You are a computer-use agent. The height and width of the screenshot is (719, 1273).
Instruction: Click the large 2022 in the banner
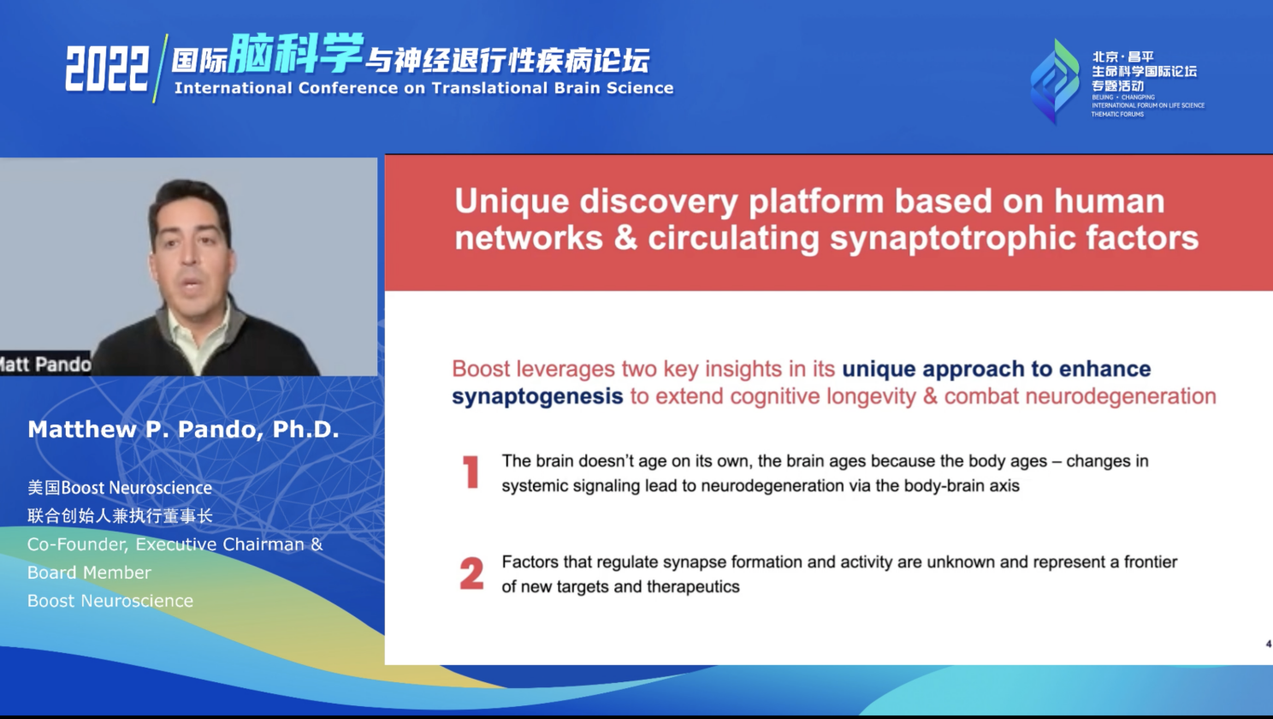[106, 68]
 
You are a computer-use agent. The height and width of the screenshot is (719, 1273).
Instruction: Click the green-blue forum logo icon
[1055, 81]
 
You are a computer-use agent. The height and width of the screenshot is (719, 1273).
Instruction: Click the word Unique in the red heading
[512, 201]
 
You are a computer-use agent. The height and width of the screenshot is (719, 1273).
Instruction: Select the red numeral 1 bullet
[471, 472]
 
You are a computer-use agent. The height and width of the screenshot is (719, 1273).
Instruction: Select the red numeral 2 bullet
[471, 573]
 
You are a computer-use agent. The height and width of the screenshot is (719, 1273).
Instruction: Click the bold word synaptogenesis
[537, 396]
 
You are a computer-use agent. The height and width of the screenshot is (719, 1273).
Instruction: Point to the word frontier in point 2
[1151, 562]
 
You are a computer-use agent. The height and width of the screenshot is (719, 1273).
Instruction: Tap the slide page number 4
[1268, 644]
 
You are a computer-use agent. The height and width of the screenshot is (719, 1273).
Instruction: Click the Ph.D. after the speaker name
[305, 430]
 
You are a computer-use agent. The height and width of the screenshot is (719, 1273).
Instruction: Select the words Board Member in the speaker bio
[89, 573]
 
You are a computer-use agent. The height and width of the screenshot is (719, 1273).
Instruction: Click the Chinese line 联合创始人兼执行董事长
[120, 516]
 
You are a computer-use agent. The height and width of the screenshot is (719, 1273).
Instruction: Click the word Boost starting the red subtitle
[481, 369]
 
